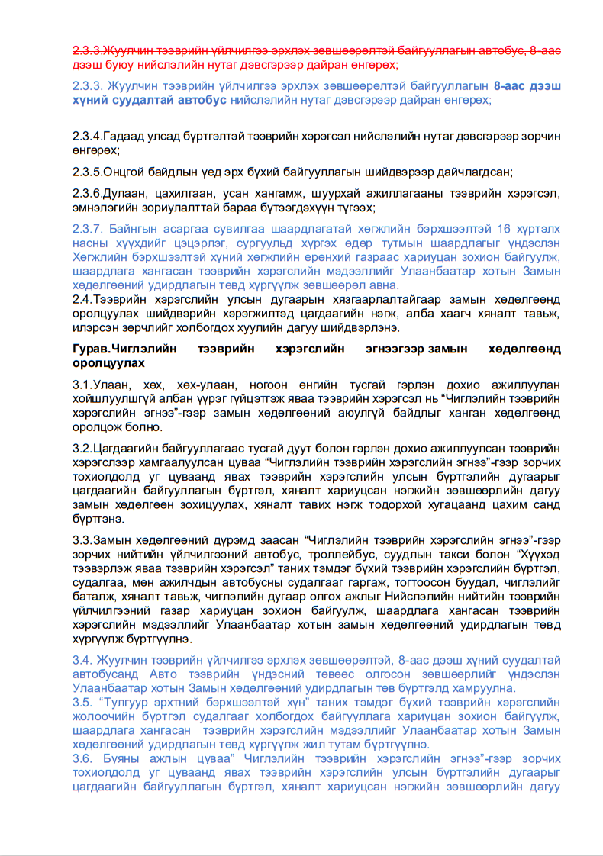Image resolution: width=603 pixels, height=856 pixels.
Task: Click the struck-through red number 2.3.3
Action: point(87,51)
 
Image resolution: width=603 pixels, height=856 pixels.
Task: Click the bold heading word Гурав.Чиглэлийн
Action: point(119,349)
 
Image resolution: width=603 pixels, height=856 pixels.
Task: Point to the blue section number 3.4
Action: point(82,660)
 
